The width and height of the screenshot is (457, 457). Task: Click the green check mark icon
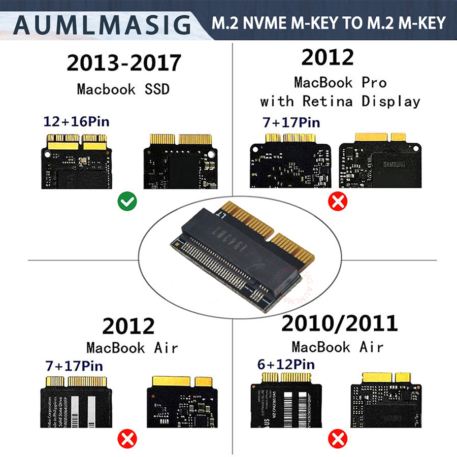pos(126,203)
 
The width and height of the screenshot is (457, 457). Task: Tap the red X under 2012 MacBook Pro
pos(337,202)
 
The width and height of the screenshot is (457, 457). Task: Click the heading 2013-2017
pos(123,63)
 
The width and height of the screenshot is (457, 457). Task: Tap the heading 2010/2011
pos(340,323)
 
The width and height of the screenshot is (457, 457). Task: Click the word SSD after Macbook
pos(155,89)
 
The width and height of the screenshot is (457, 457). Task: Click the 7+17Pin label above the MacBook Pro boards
pos(292,122)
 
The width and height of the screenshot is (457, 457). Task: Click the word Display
pos(391,101)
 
